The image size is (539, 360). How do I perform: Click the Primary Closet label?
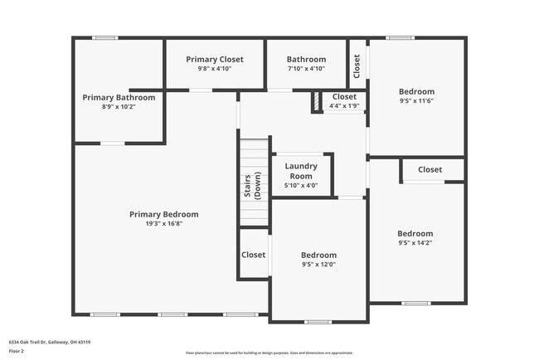click(214, 59)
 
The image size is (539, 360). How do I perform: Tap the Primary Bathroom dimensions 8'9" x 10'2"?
click(119, 107)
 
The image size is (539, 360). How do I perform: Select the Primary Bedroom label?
click(163, 214)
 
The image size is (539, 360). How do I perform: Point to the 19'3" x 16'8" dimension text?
click(163, 224)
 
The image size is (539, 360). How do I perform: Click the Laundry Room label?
click(301, 171)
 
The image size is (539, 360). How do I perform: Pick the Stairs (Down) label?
click(252, 189)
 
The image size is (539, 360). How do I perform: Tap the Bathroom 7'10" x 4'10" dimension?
click(306, 69)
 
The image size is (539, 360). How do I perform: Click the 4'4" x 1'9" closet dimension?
click(344, 106)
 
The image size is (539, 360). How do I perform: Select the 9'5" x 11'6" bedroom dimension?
click(416, 101)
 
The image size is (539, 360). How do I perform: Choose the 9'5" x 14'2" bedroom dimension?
click(415, 244)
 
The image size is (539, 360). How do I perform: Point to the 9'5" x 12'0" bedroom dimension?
click(318, 265)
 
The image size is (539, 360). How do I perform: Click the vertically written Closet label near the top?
click(357, 66)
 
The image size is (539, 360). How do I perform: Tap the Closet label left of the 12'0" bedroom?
click(253, 255)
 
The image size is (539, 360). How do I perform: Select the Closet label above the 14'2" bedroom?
click(430, 169)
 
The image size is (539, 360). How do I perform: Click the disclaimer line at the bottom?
click(269, 353)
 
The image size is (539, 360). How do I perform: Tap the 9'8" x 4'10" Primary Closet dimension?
click(214, 69)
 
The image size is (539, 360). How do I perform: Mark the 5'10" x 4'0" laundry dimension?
click(301, 186)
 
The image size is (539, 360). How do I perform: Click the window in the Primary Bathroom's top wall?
click(104, 37)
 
